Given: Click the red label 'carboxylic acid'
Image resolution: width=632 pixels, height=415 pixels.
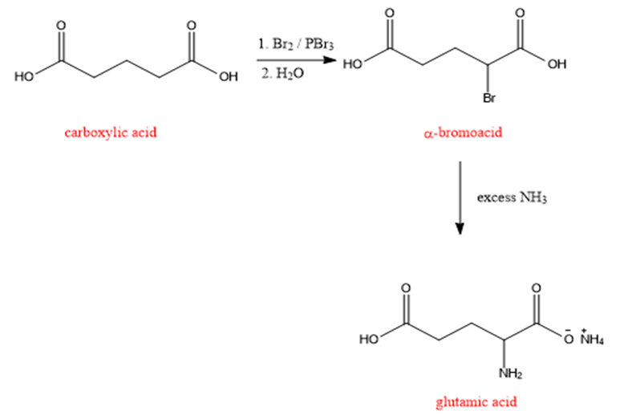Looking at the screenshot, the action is tap(111, 132).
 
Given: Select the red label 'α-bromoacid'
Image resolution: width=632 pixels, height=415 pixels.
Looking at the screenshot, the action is tap(463, 132).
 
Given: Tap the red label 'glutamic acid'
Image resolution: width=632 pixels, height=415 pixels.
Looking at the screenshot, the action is tap(476, 401).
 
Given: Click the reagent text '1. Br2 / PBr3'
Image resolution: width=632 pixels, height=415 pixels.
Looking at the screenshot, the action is tap(296, 44).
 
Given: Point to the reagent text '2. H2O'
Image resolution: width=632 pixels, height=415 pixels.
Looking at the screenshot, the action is tap(282, 74).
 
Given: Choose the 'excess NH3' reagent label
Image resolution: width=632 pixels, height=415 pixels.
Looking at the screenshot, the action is tap(512, 197).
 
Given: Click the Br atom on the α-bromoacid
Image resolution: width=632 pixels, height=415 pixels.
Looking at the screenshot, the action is tap(489, 98).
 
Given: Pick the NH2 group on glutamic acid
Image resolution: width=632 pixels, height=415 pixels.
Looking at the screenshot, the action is tap(510, 373).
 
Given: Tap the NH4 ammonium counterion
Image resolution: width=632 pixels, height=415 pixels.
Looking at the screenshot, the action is tap(592, 338).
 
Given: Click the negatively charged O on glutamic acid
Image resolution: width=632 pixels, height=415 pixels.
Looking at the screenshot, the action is tap(569, 338).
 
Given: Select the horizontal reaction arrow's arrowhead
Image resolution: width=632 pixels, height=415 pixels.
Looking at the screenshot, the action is tap(330, 60).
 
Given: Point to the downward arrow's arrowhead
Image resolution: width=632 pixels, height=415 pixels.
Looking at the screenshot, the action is tap(460, 228).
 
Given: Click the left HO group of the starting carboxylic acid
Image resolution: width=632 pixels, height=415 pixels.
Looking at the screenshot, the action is tap(24, 76).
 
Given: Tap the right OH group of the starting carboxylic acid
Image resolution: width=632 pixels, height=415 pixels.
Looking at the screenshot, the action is tap(229, 76).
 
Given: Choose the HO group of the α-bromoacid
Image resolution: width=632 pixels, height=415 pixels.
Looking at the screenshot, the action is tap(353, 64).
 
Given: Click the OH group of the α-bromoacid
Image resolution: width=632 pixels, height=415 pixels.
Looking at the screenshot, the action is tap(557, 64).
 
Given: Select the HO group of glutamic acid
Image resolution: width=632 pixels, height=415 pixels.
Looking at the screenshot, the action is tap(369, 339).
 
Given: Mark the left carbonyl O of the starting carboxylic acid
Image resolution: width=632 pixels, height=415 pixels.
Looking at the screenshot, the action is tap(61, 26).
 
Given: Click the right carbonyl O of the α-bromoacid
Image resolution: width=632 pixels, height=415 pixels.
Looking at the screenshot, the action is tap(521, 14).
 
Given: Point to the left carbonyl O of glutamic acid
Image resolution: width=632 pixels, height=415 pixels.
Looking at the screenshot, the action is tap(407, 288).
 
